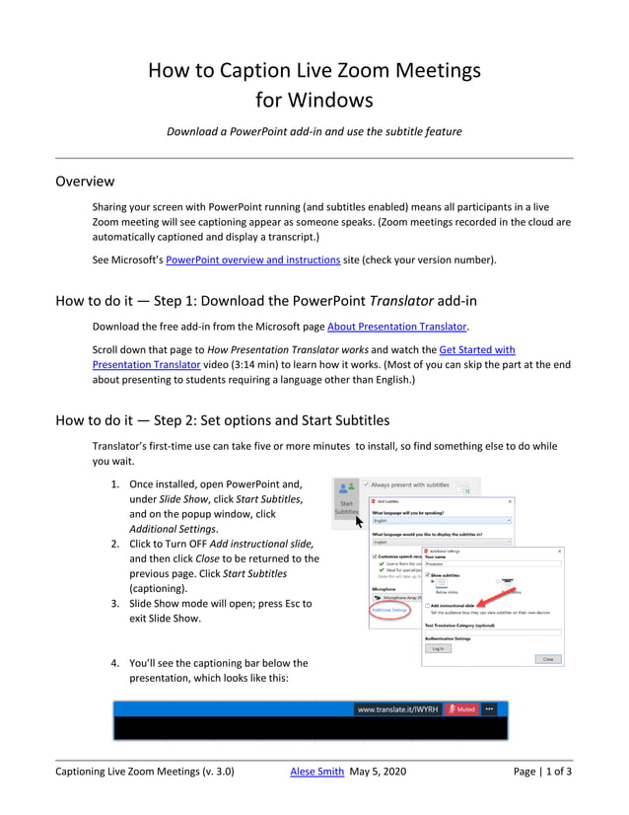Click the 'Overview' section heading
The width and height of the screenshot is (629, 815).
tap(85, 182)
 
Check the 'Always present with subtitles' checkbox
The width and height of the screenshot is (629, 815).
tap(367, 485)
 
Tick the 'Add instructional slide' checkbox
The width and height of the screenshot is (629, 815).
tap(427, 605)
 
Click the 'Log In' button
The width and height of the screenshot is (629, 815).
tap(437, 648)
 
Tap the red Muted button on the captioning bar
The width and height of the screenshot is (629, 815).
tap(460, 708)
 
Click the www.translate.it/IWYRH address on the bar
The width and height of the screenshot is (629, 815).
tap(396, 708)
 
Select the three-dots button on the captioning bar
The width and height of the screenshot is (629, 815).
tap(489, 708)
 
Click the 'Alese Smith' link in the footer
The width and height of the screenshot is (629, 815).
tap(315, 772)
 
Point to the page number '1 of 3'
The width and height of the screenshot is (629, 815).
tap(557, 772)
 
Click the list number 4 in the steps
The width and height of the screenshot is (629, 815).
tap(114, 663)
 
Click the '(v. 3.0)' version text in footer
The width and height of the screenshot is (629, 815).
tap(214, 772)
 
